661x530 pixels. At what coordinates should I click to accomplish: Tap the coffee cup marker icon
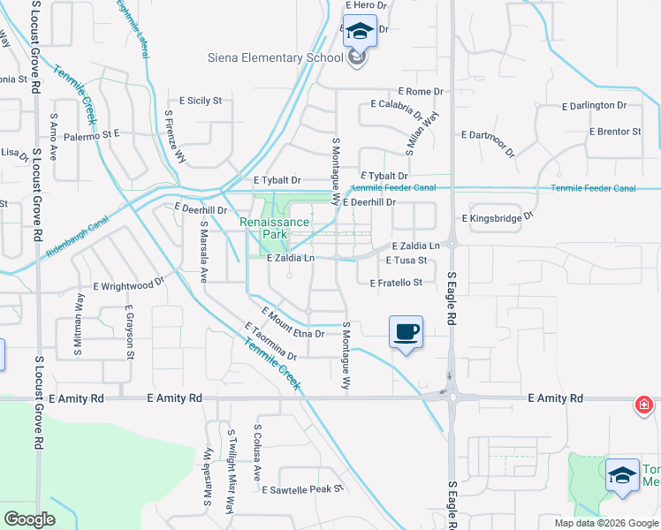(406, 332)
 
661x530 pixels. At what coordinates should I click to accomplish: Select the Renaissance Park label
(275, 229)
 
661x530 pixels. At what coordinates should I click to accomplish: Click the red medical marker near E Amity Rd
(645, 405)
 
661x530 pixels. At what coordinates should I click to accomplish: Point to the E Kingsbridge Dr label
(498, 216)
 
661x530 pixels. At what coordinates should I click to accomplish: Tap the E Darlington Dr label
(594, 105)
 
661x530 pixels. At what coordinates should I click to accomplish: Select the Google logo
(29, 519)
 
